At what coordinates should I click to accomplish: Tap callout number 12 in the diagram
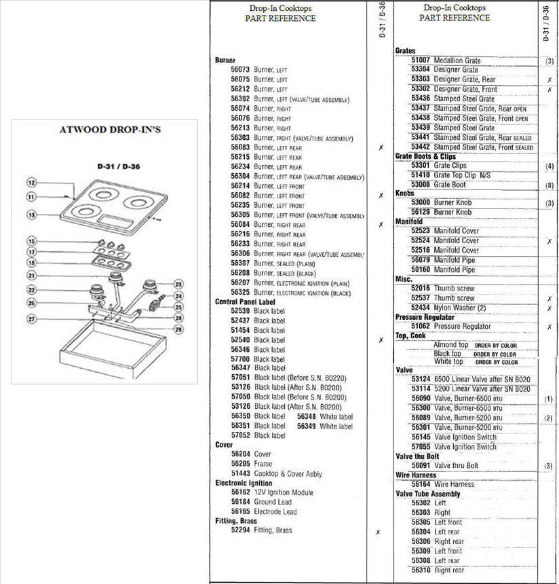pos(31,182)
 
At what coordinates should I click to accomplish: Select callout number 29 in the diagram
pos(178,329)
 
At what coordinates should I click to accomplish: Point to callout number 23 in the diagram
pos(178,285)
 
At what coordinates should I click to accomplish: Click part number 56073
pos(240,69)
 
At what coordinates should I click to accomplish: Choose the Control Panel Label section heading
pos(245,302)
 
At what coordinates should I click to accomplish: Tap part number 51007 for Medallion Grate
pos(421,60)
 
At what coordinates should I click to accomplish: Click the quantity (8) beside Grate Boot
pos(549,185)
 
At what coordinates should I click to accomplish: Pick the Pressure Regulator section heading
pos(425,317)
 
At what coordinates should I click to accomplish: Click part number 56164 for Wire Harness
pos(421,484)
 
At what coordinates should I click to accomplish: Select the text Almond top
pos(450,345)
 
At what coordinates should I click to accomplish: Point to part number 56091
pos(421,466)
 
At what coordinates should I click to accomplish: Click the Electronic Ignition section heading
pos(244,483)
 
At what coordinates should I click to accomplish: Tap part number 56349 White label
pos(308,426)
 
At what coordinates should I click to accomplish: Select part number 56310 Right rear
pos(421,570)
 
